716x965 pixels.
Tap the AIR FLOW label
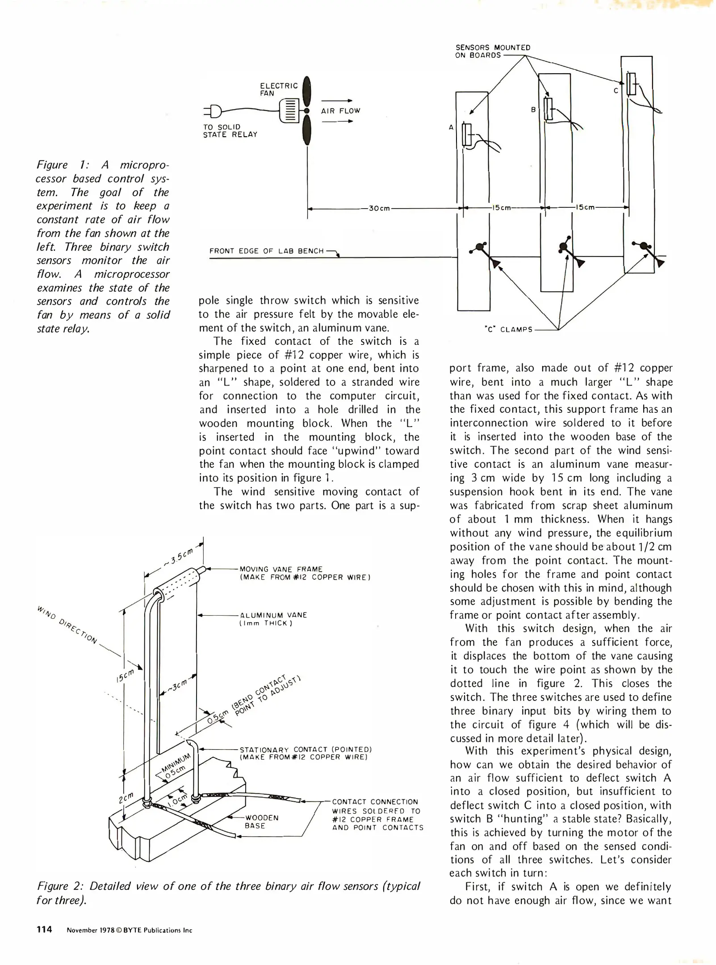pyautogui.click(x=340, y=111)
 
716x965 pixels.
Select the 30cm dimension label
pyautogui.click(x=380, y=208)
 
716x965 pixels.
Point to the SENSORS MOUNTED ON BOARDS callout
pyautogui.click(x=492, y=51)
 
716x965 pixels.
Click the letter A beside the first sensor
pyautogui.click(x=451, y=127)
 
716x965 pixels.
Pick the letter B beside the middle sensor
pyautogui.click(x=533, y=109)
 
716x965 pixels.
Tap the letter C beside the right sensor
pyautogui.click(x=616, y=91)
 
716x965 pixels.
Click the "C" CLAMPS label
pyautogui.click(x=509, y=330)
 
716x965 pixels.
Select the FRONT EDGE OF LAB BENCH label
pyautogui.click(x=266, y=251)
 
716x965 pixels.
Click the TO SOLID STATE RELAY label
pyautogui.click(x=230, y=130)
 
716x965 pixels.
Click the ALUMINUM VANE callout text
pyautogui.click(x=273, y=619)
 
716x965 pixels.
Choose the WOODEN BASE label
pyautogui.click(x=261, y=822)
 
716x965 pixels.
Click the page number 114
pyautogui.click(x=45, y=929)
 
